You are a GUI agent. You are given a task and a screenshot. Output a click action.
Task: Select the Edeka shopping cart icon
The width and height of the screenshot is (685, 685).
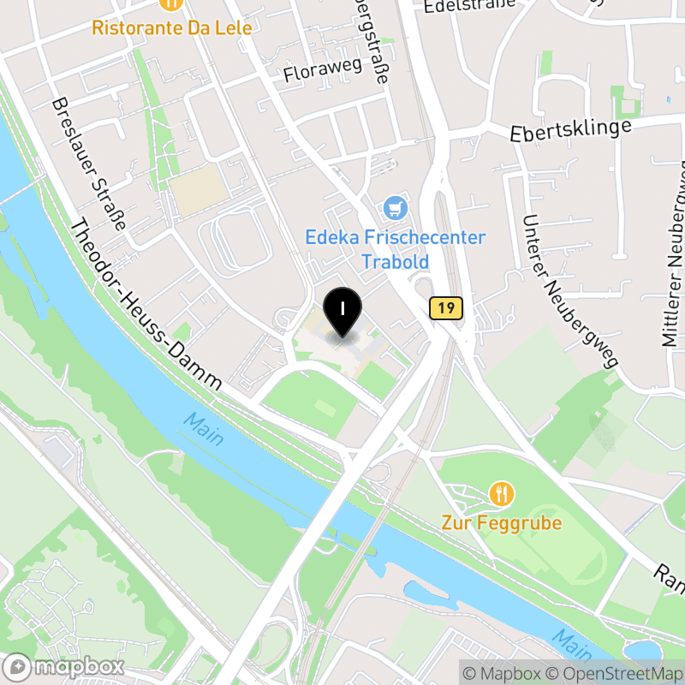(394, 207)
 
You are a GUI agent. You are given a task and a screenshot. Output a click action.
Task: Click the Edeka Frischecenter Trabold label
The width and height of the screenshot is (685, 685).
(396, 249)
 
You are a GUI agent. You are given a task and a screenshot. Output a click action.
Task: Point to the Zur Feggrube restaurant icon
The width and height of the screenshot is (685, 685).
(502, 493)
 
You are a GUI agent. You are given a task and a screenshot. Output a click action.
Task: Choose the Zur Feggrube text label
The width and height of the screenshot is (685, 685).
(502, 522)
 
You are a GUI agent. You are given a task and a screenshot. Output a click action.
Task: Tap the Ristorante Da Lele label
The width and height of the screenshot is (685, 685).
(172, 28)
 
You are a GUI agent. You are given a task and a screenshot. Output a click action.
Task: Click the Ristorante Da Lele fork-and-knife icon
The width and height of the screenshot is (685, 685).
(172, 3)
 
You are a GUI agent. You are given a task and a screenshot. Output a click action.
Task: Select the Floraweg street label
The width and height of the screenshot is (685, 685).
(318, 69)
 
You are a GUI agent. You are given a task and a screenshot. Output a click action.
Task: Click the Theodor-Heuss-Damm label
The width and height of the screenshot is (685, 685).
(146, 305)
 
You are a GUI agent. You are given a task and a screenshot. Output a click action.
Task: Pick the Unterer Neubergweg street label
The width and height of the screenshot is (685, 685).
(569, 291)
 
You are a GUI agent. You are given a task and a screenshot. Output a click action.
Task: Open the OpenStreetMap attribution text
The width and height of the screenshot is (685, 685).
(615, 673)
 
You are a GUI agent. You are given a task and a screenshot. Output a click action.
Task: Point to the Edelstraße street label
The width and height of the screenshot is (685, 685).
(469, 4)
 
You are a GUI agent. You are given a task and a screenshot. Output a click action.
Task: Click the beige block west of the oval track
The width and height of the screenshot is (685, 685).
(196, 189)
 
